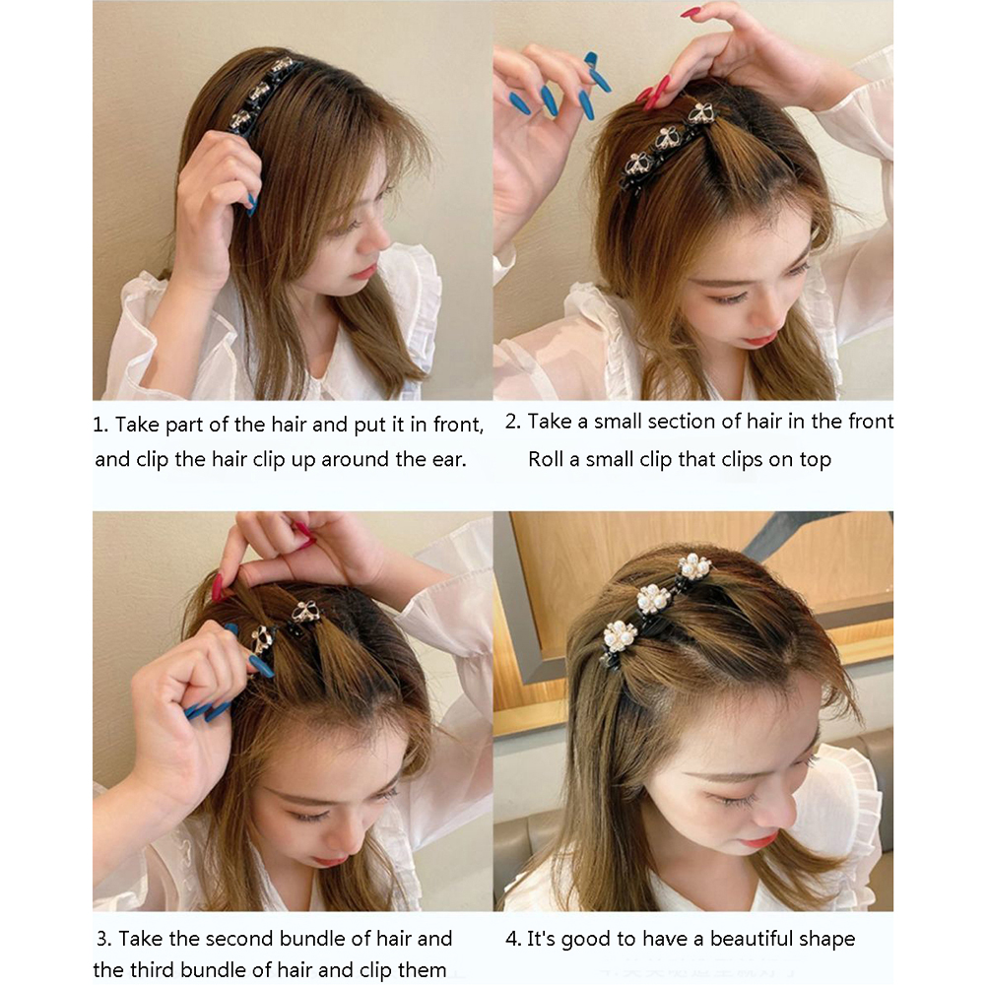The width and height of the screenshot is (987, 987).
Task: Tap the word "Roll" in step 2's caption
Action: [x=545, y=459]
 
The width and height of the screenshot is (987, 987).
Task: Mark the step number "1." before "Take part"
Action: [x=100, y=425]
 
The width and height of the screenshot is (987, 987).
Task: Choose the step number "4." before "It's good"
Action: [x=513, y=939]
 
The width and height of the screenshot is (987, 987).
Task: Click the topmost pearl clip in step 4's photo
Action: [x=694, y=567]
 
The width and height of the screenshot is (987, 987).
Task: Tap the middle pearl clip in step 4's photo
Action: [x=653, y=601]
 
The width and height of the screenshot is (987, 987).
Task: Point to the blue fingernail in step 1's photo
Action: [x=252, y=204]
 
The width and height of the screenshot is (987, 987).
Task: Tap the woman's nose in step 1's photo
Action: [x=380, y=237]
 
